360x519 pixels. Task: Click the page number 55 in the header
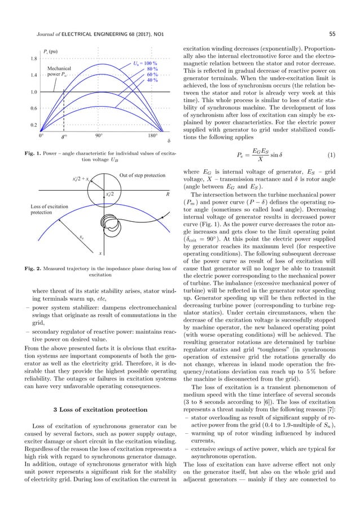tap(332, 34)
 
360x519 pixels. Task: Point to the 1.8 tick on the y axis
tap(33, 59)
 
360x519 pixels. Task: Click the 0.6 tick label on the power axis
tap(33, 108)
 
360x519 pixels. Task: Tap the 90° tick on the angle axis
tap(98, 136)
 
